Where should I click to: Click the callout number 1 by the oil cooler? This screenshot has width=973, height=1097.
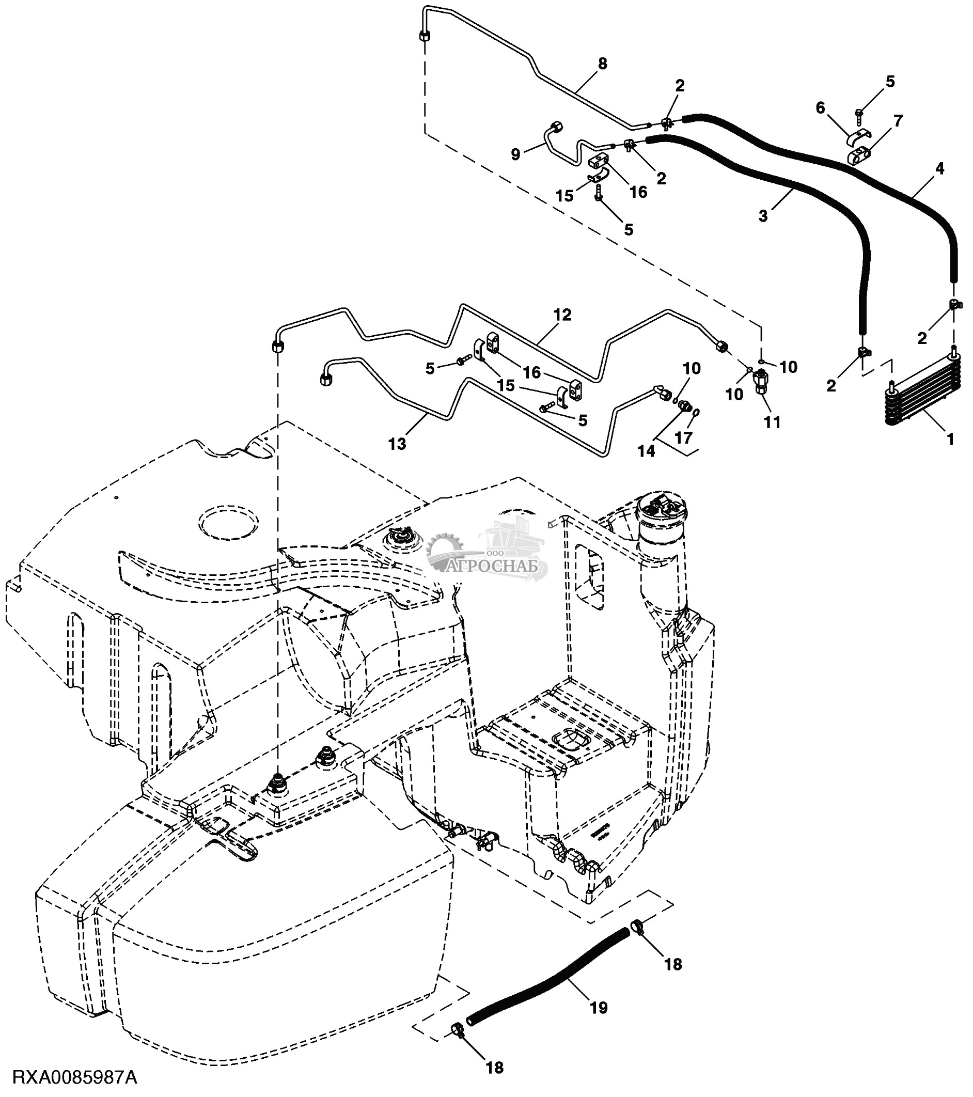[950, 439]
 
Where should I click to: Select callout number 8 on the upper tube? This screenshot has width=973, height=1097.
[602, 64]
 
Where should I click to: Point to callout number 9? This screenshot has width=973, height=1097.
[515, 154]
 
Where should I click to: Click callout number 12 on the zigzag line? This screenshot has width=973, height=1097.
[562, 315]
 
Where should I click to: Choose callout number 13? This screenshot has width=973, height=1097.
[398, 444]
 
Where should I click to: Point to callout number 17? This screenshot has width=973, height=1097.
[683, 438]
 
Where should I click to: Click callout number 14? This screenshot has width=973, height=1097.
[646, 451]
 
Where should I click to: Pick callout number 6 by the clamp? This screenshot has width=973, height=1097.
[820, 108]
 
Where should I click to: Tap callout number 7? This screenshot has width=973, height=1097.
[898, 121]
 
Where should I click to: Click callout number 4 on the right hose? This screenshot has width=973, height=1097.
[939, 168]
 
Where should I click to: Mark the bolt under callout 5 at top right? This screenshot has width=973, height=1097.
[859, 114]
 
